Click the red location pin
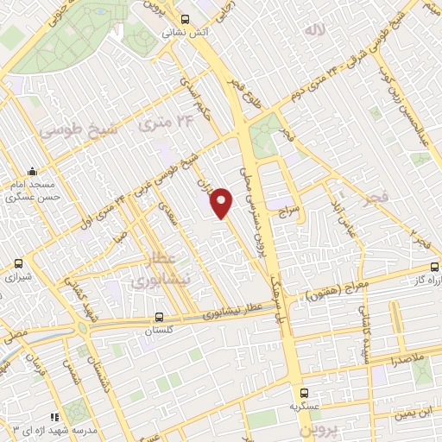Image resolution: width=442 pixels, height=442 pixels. [x=222, y=202]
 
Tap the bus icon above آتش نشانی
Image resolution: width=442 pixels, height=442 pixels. [x=184, y=18]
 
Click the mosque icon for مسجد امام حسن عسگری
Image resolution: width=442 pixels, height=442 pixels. [x=33, y=171]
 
